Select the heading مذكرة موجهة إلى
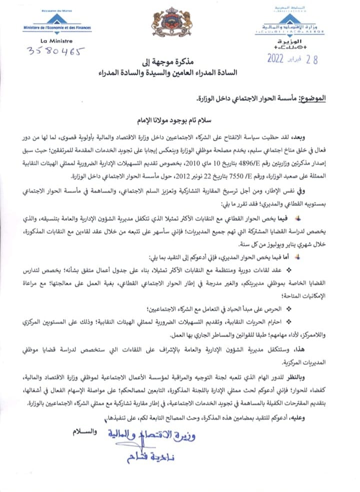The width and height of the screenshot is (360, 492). (x=180, y=64)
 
